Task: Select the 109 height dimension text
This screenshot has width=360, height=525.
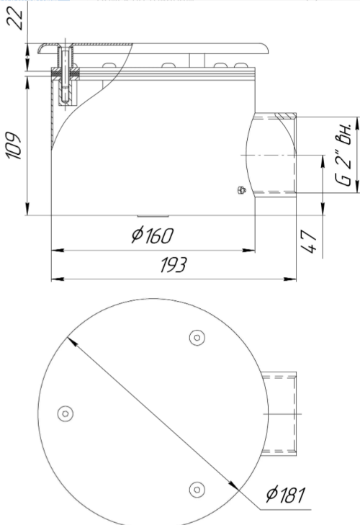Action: (x=14, y=145)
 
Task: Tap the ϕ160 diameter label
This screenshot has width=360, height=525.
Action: (x=153, y=235)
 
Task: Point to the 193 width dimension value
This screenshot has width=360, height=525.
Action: (x=173, y=265)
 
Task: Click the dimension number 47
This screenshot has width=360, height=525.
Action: (x=309, y=241)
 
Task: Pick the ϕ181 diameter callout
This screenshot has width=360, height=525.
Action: (x=286, y=495)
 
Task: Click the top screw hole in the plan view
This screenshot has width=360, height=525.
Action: (x=197, y=338)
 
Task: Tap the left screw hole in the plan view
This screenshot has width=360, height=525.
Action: (x=66, y=414)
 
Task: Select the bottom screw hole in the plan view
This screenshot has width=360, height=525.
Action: (x=197, y=490)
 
